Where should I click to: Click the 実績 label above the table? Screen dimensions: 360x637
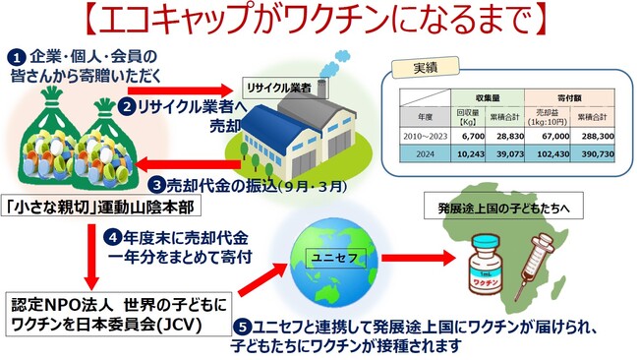point(406,69)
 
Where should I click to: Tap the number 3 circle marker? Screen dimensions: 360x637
point(156,184)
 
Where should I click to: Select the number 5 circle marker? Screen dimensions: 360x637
point(239,328)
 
